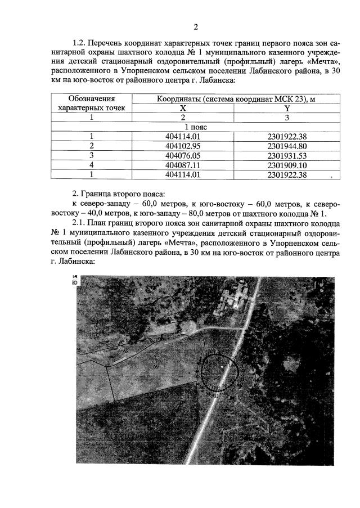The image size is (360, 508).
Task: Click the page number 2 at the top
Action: click(x=196, y=27)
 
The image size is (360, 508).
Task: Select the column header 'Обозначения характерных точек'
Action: click(x=91, y=102)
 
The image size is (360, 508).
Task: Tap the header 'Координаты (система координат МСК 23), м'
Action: click(x=231, y=98)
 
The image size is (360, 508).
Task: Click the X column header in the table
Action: click(x=182, y=107)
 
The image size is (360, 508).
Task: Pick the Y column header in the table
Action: click(x=287, y=107)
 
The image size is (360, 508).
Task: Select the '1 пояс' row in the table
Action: click(x=196, y=127)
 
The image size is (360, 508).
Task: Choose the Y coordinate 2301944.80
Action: click(x=287, y=145)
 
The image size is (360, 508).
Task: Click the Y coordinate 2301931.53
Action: click(x=287, y=155)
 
